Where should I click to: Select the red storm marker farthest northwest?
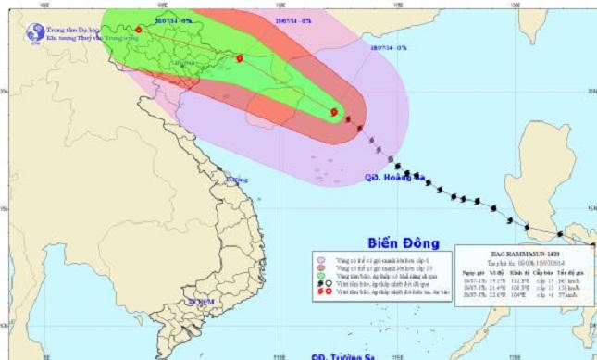138,30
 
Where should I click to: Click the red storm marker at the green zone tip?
333,112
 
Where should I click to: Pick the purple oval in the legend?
321,260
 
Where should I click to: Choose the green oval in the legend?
321,276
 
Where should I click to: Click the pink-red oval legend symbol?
321,268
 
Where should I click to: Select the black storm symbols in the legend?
321,284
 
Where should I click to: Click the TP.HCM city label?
200,302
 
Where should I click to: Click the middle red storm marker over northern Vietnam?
239,58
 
